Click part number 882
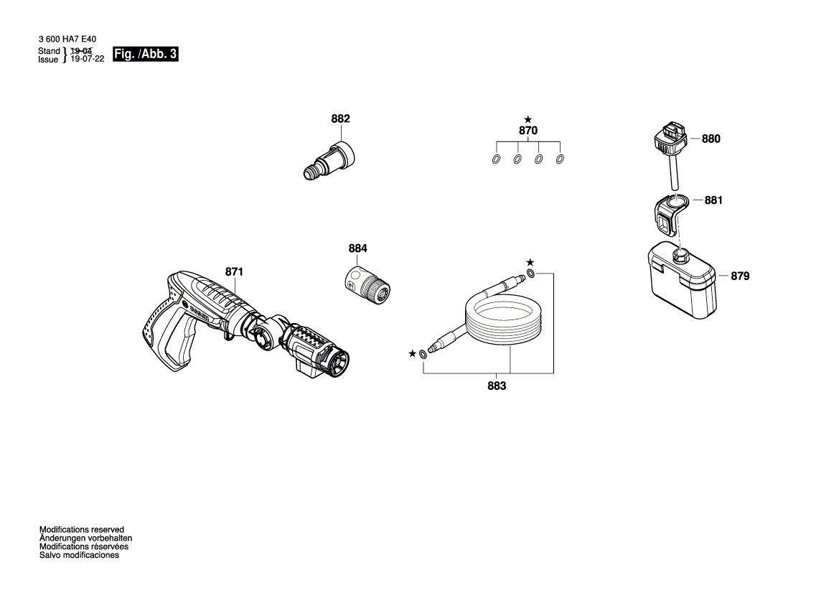(340, 118)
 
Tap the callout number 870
(528, 131)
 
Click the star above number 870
(528, 119)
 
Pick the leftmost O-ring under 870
(496, 159)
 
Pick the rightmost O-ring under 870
(560, 159)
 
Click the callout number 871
(234, 272)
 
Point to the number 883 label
(497, 386)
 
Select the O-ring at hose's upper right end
(530, 274)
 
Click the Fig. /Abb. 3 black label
(145, 55)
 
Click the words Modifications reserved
(81, 529)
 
